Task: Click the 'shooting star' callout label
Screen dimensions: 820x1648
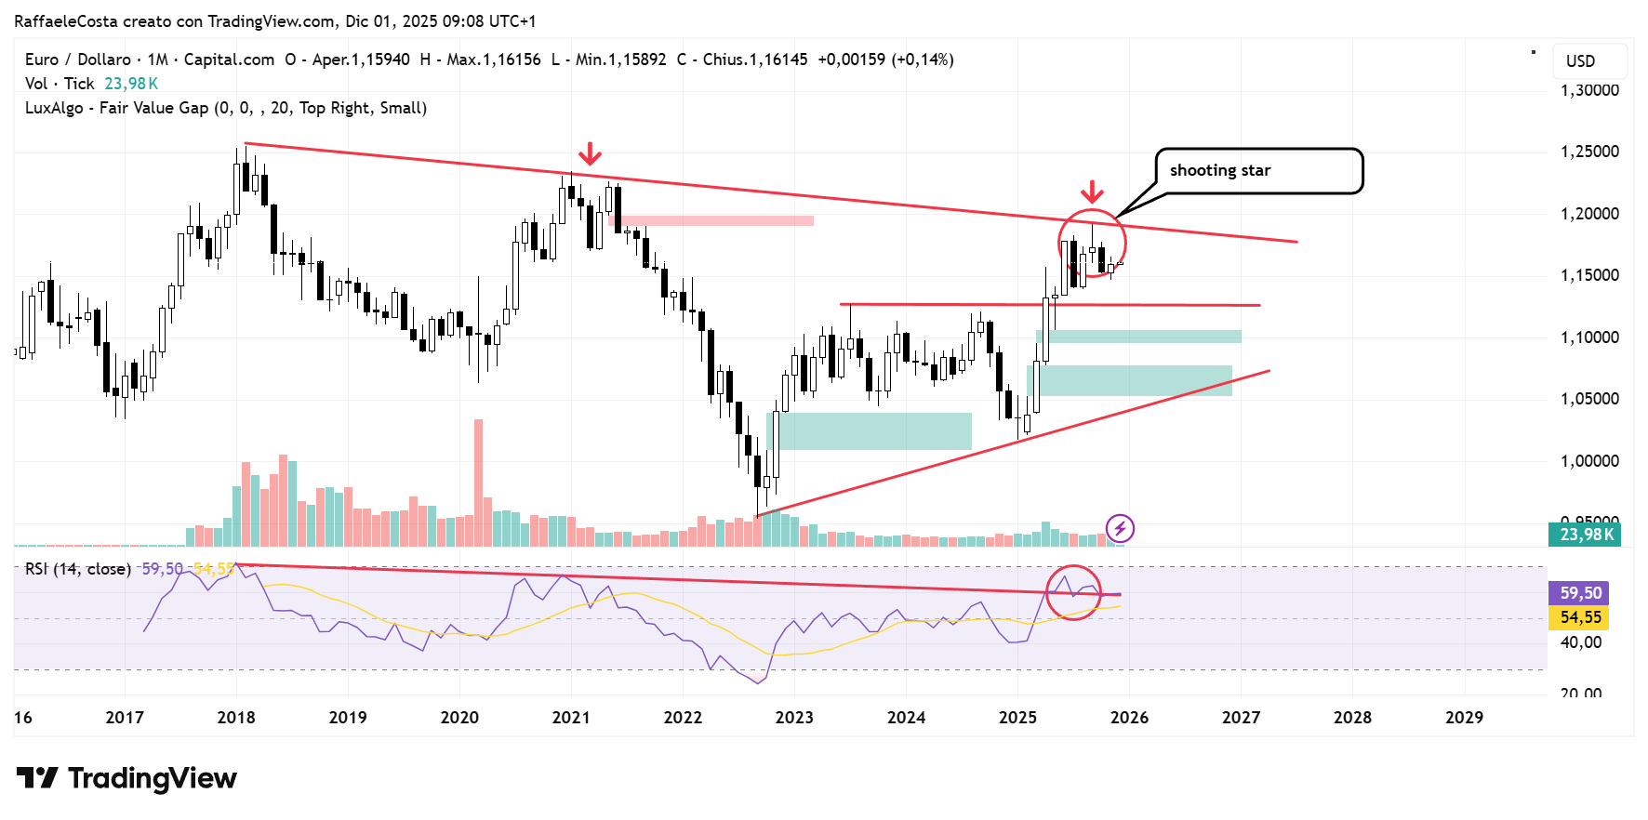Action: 1220,170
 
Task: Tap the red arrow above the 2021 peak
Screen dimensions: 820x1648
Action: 589,153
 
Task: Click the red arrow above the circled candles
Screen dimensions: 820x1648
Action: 1092,192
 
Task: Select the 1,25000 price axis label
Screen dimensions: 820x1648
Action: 1589,152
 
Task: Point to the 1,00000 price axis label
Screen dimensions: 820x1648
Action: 1589,461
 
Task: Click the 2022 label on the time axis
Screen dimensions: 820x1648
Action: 683,717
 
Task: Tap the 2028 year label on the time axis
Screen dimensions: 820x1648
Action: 1352,717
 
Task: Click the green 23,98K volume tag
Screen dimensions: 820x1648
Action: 1585,535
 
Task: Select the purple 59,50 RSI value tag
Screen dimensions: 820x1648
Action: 1580,593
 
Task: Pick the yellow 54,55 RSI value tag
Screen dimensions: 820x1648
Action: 1580,617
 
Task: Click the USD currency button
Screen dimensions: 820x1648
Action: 1581,61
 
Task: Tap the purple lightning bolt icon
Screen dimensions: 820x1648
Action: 1121,529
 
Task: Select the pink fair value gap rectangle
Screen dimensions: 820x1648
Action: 711,221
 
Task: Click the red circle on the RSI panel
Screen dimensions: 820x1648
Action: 1073,592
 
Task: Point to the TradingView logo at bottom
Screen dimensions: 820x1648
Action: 127,778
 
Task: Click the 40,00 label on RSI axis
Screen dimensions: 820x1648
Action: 1580,642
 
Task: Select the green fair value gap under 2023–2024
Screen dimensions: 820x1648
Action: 870,431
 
